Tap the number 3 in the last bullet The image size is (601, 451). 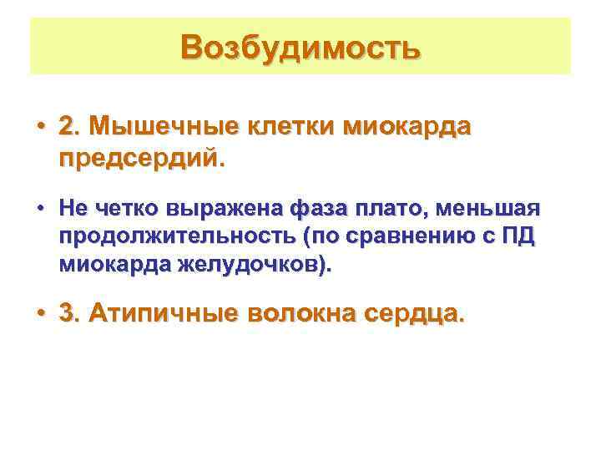click(x=66, y=314)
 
